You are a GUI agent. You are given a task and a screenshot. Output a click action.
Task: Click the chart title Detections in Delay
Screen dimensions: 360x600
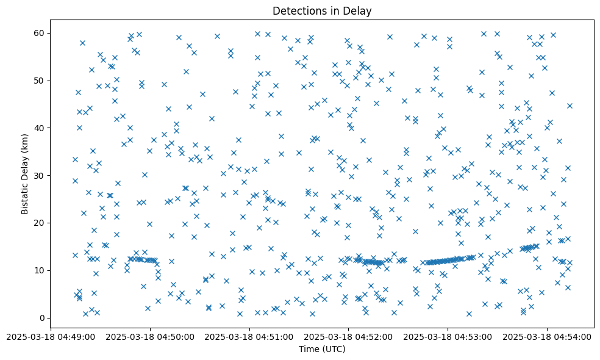coord(322,11)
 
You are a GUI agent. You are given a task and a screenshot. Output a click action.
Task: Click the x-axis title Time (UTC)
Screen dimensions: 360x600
coord(322,349)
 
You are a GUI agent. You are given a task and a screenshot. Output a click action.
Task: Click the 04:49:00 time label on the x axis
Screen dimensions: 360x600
coord(51,337)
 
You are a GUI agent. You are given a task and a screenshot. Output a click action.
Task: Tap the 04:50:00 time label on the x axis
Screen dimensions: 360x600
coord(150,337)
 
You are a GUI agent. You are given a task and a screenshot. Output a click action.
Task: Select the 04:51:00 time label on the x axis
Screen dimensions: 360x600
coord(249,337)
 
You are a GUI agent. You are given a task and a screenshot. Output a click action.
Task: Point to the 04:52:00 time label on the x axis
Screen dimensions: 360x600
coord(349,337)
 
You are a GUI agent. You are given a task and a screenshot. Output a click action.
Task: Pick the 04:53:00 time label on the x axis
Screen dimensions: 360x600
coord(448,337)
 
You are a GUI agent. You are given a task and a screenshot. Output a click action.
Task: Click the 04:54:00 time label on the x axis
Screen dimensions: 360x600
coord(547,337)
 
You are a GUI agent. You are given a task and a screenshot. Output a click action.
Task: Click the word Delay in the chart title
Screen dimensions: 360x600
coord(359,11)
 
